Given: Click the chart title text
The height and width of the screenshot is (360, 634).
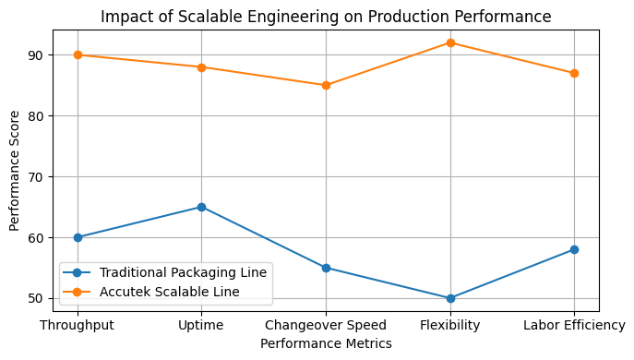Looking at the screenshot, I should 326,17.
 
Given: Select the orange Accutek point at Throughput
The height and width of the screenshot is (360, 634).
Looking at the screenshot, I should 78,54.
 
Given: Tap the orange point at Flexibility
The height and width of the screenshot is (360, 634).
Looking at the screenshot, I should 450,42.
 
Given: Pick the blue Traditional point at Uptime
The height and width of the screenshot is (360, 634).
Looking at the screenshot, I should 201,207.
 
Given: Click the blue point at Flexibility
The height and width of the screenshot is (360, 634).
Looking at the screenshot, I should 450,298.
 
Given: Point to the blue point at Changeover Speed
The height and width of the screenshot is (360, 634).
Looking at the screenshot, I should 326,268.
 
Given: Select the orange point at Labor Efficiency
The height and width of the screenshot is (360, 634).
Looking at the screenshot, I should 574,73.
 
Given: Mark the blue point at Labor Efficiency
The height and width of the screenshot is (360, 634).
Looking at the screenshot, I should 574,249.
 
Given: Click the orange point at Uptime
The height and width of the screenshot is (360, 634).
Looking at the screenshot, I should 201,66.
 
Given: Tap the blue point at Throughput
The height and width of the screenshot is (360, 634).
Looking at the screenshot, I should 78,237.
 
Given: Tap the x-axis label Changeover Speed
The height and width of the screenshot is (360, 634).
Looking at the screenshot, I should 326,325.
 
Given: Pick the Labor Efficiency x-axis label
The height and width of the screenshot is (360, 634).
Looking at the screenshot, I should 574,325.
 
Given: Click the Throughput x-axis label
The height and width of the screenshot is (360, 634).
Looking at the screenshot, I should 78,325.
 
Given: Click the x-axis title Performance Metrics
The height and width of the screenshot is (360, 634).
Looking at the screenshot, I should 326,343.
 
